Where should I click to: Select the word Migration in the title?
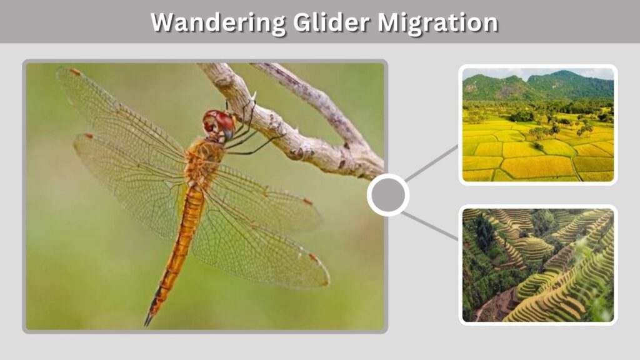click(x=437, y=22)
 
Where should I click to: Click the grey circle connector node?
click(x=387, y=195)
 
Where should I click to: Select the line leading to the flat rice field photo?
click(x=432, y=163)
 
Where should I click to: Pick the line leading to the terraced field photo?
click(x=430, y=226)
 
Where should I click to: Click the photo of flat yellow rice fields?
click(x=538, y=125)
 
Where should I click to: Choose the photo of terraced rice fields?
click(x=538, y=265)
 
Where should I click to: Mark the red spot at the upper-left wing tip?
click(x=75, y=72)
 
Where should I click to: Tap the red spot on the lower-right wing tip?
click(x=314, y=257)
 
